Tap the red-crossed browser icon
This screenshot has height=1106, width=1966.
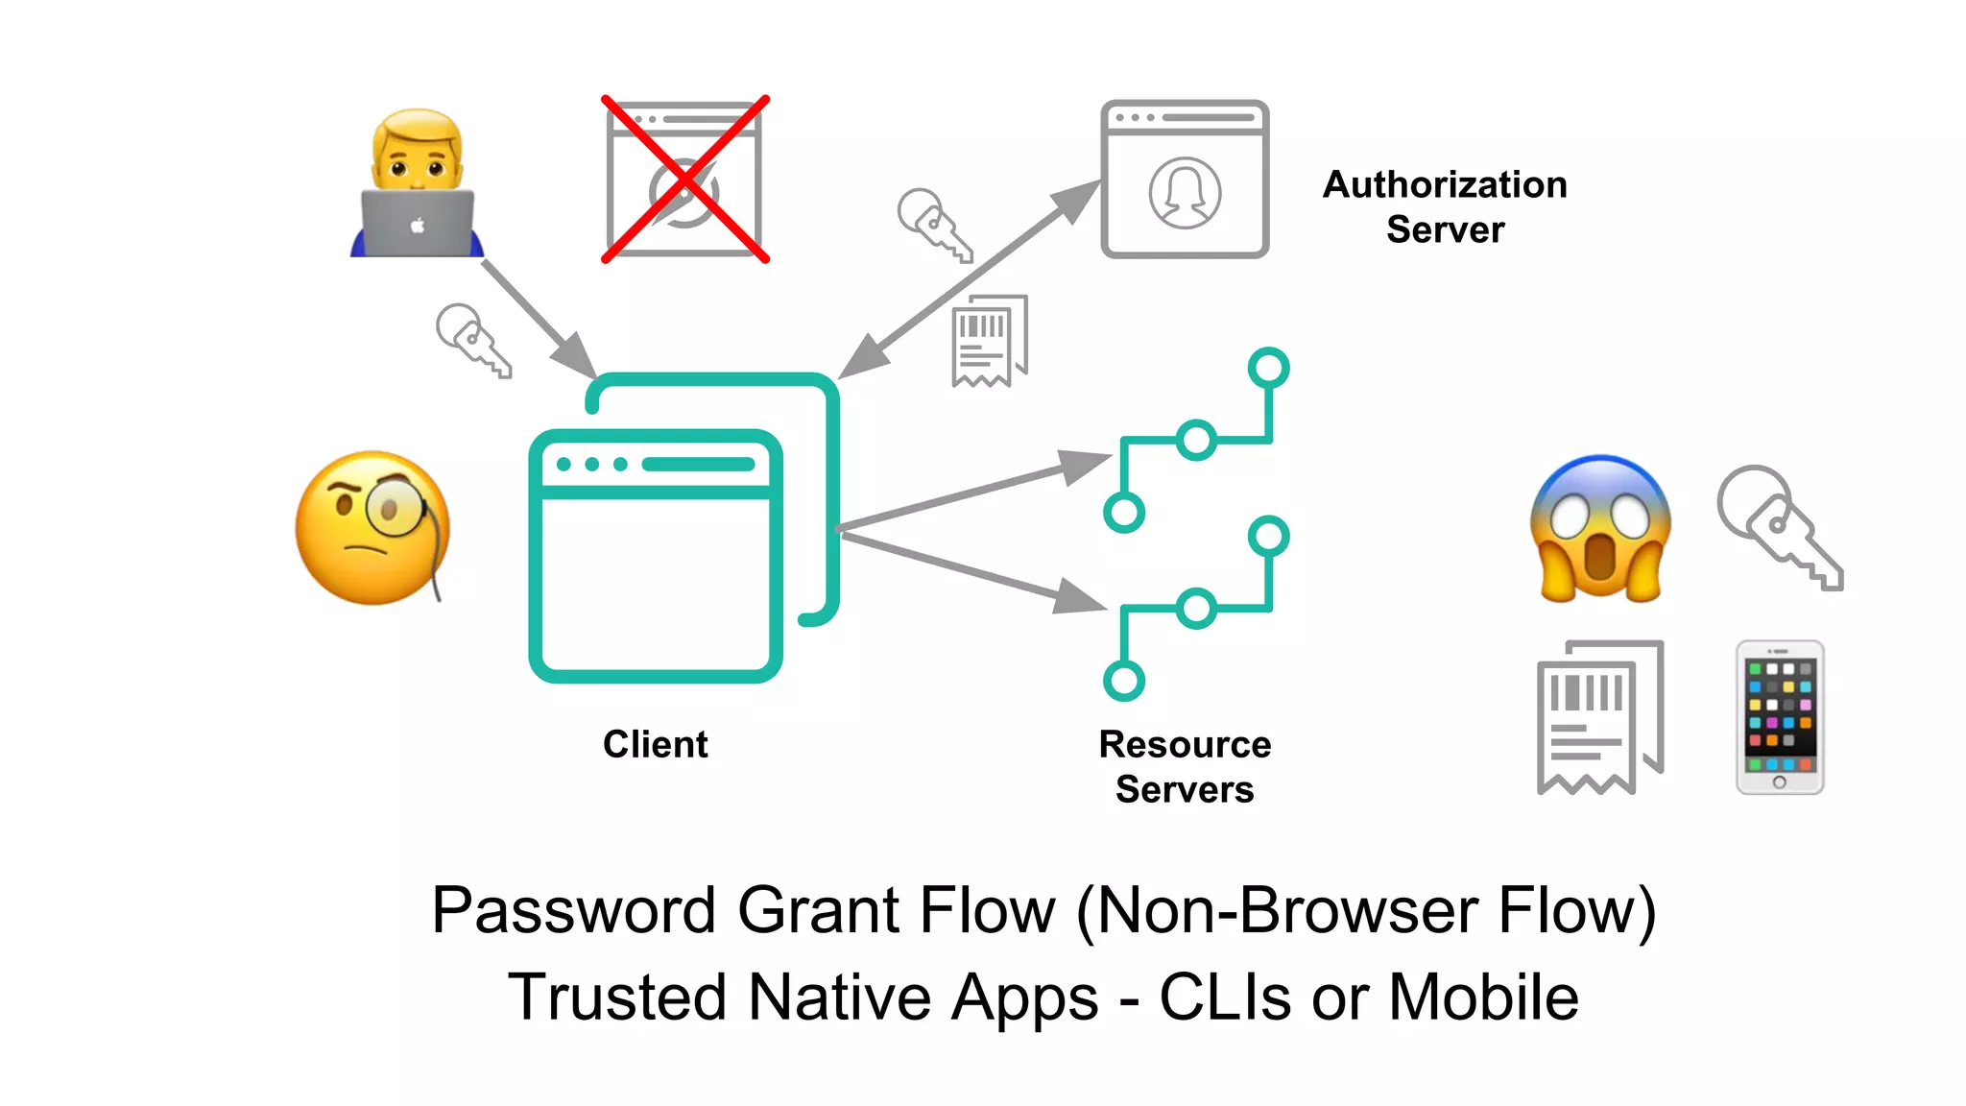click(684, 180)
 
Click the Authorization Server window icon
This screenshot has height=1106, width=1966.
click(1185, 180)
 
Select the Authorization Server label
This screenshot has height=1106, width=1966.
click(1445, 206)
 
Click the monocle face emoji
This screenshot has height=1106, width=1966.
click(372, 528)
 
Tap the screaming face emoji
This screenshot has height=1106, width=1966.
click(1600, 529)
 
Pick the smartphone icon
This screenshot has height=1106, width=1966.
click(1779, 717)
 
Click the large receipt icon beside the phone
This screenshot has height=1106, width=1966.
click(1599, 717)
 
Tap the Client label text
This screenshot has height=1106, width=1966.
click(655, 744)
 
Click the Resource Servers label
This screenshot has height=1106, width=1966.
click(1185, 766)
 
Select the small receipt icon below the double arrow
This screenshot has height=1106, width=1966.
click(990, 341)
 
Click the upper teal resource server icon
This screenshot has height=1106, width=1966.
click(1196, 440)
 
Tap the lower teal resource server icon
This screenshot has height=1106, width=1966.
click(1196, 609)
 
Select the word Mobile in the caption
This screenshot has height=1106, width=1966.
click(1483, 998)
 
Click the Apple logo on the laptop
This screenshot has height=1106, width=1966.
click(418, 227)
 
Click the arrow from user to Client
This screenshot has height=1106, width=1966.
click(538, 319)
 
